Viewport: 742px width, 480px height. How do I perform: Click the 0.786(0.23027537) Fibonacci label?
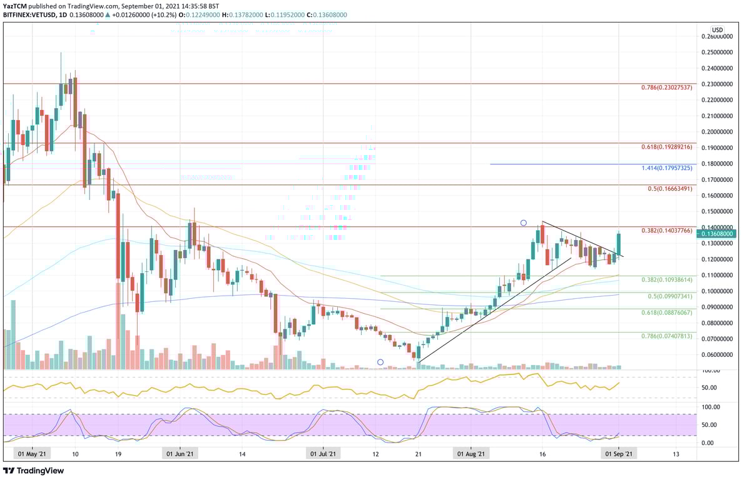tap(667, 88)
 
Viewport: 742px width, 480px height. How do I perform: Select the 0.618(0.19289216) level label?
tap(667, 147)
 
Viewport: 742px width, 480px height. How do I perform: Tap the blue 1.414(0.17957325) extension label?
tap(667, 168)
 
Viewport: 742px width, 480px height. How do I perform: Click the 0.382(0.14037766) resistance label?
tap(667, 231)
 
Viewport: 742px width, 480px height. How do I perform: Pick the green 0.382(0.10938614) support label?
tap(667, 280)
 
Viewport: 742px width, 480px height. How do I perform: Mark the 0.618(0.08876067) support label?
tap(667, 312)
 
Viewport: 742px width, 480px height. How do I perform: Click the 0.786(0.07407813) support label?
tap(667, 336)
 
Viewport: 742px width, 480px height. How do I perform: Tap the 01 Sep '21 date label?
tap(618, 455)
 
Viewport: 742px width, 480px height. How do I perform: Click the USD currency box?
tap(717, 29)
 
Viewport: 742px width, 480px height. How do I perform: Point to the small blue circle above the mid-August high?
tap(524, 222)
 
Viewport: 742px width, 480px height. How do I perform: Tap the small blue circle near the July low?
tap(380, 362)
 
